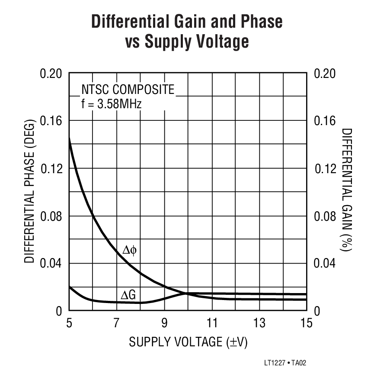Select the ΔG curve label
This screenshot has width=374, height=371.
[128, 295]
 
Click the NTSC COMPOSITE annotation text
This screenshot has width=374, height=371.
[128, 90]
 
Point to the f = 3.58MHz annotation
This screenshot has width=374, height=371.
[111, 104]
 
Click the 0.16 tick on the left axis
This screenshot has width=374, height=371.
[51, 121]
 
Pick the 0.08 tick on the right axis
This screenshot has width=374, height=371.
[324, 216]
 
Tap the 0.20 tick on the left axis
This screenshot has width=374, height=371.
[51, 73]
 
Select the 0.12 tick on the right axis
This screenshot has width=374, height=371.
[324, 168]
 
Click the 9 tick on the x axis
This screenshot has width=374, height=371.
[164, 323]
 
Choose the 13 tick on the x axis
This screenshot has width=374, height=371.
[259, 323]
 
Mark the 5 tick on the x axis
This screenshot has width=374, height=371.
[69, 323]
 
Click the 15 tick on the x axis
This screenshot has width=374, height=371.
[306, 323]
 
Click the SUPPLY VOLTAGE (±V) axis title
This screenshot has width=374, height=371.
[188, 342]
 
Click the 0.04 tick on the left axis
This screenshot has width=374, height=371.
[51, 264]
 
